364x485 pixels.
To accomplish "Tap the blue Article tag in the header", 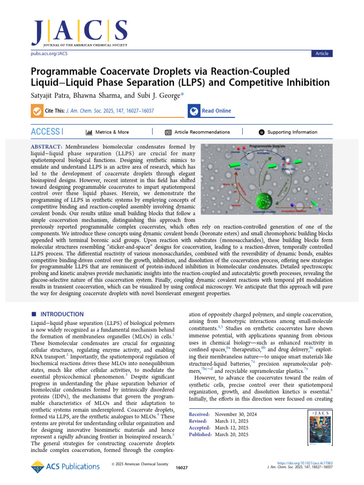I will (322, 54).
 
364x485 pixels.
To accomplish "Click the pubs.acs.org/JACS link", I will (49, 54).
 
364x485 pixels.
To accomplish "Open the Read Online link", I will (216, 111).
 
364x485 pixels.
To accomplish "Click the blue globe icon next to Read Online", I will (193, 111).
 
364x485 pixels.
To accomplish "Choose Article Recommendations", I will (202, 132).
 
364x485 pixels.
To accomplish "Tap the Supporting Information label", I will (292, 132).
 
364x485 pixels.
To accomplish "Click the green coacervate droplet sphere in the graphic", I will (265, 200).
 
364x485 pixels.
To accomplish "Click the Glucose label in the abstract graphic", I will (235, 152).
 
